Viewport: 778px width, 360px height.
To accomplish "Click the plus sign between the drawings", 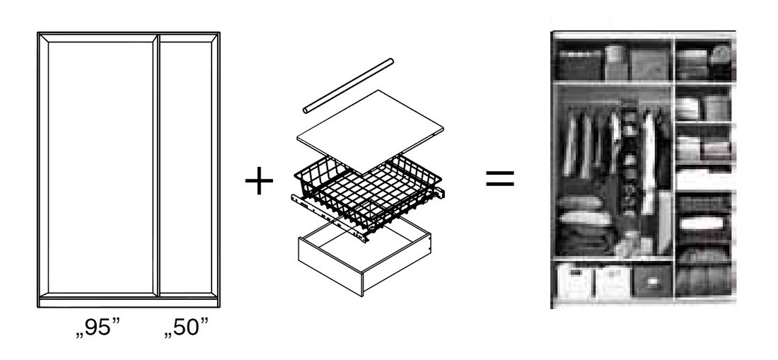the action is (x=259, y=181).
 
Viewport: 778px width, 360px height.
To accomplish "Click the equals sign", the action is (x=499, y=179).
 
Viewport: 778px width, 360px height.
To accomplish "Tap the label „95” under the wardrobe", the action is (x=98, y=328).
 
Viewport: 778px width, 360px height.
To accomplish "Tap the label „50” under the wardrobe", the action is (x=186, y=328).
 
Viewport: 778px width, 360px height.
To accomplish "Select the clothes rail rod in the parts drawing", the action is (x=348, y=86).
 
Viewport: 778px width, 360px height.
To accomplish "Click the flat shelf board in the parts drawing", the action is (x=370, y=131).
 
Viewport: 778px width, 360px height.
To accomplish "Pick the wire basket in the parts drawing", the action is (x=368, y=191).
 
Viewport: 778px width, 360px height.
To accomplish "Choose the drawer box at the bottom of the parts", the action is (x=364, y=255).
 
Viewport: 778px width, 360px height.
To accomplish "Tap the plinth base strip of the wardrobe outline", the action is (x=129, y=303).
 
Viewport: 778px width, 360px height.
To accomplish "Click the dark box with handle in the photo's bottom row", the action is (x=653, y=281).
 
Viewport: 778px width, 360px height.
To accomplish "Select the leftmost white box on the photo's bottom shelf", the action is (x=576, y=281).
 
